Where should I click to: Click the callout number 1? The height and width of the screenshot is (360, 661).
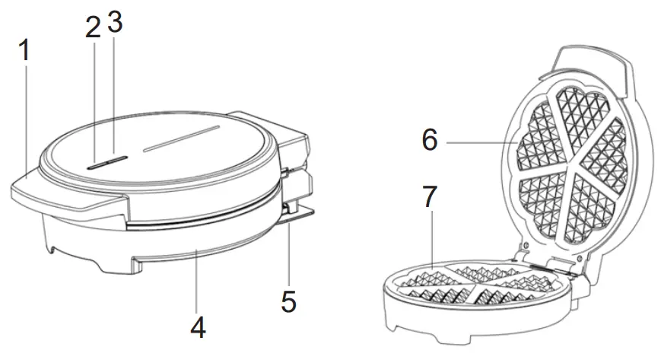pos(24,53)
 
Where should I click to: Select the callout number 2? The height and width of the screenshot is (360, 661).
pos(93,28)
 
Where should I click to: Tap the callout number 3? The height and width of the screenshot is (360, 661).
pos(115,24)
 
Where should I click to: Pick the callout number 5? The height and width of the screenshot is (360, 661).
pos(288,301)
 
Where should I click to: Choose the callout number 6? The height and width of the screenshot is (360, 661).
pos(430,141)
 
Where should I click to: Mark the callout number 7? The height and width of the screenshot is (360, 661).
pos(430,197)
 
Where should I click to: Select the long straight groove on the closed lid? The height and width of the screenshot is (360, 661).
pos(183,137)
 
